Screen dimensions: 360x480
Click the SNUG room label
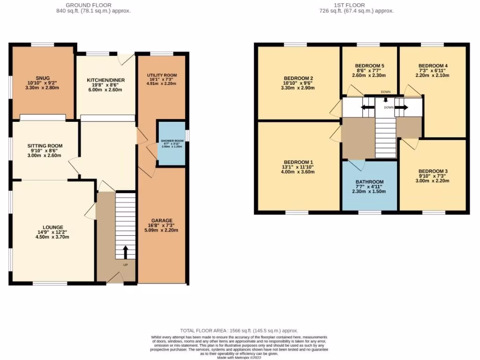(x=42, y=78)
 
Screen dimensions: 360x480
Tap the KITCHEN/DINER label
(x=106, y=80)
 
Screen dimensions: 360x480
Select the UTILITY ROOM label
(x=162, y=75)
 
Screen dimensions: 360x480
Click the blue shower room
(x=171, y=143)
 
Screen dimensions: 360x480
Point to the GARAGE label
(x=162, y=220)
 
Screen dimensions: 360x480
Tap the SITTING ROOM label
(x=45, y=146)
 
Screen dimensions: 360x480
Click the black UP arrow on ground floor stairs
(x=125, y=252)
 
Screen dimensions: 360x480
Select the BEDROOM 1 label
(x=298, y=162)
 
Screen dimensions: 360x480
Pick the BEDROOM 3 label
(x=433, y=171)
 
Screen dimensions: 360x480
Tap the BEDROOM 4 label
(x=433, y=66)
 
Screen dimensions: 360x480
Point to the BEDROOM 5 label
(x=369, y=66)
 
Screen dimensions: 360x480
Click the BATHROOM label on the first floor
(x=369, y=182)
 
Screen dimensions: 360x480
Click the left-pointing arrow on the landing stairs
(x=367, y=107)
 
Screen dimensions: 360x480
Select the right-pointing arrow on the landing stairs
(x=401, y=107)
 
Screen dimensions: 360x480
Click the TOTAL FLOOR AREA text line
(x=239, y=331)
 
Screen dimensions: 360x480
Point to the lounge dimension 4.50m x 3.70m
(x=49, y=237)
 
